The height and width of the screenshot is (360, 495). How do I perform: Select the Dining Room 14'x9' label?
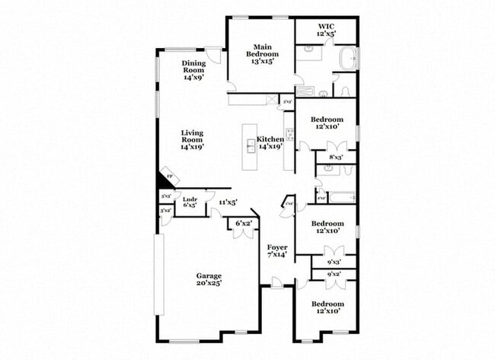pyautogui.click(x=193, y=70)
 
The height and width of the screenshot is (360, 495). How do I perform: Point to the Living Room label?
pyautogui.click(x=192, y=140)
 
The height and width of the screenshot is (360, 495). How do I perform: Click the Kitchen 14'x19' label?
pyautogui.click(x=270, y=142)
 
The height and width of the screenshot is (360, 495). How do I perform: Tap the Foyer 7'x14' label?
pyautogui.click(x=277, y=251)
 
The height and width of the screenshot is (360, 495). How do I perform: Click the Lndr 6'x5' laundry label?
pyautogui.click(x=190, y=202)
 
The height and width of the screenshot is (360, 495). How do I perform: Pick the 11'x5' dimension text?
pyautogui.click(x=228, y=202)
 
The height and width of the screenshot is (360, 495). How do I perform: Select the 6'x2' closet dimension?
pyautogui.click(x=244, y=222)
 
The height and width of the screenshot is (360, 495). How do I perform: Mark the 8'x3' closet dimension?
pyautogui.click(x=336, y=158)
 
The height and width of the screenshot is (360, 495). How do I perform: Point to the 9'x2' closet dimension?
pyautogui.click(x=334, y=274)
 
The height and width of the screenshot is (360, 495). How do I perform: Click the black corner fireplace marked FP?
pyautogui.click(x=164, y=180)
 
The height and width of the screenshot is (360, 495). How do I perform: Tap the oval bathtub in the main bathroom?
pyautogui.click(x=347, y=58)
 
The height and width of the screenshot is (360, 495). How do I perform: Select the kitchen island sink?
pyautogui.click(x=250, y=145)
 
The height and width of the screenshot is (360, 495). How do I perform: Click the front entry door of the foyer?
pyautogui.click(x=276, y=284)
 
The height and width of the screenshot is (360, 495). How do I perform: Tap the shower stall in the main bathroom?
pyautogui.click(x=305, y=90)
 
